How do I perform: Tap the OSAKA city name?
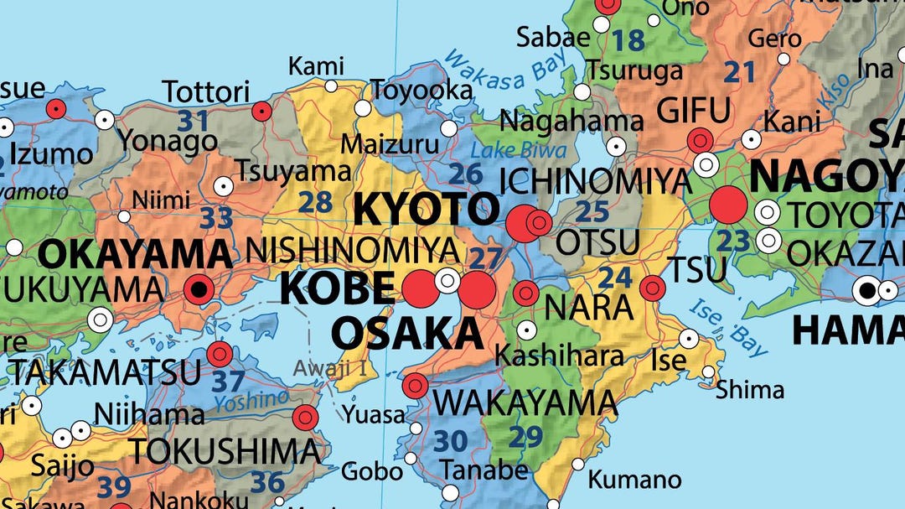408,333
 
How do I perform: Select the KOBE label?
337,288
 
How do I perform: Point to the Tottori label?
206,91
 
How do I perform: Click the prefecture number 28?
315,201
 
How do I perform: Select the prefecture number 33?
216,218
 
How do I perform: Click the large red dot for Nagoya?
727,205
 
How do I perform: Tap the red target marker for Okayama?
199,290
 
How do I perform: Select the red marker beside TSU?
652,288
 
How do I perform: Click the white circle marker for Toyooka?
363,108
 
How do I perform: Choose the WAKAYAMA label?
526,403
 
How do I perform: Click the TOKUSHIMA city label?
223,451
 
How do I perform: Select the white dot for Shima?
709,371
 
